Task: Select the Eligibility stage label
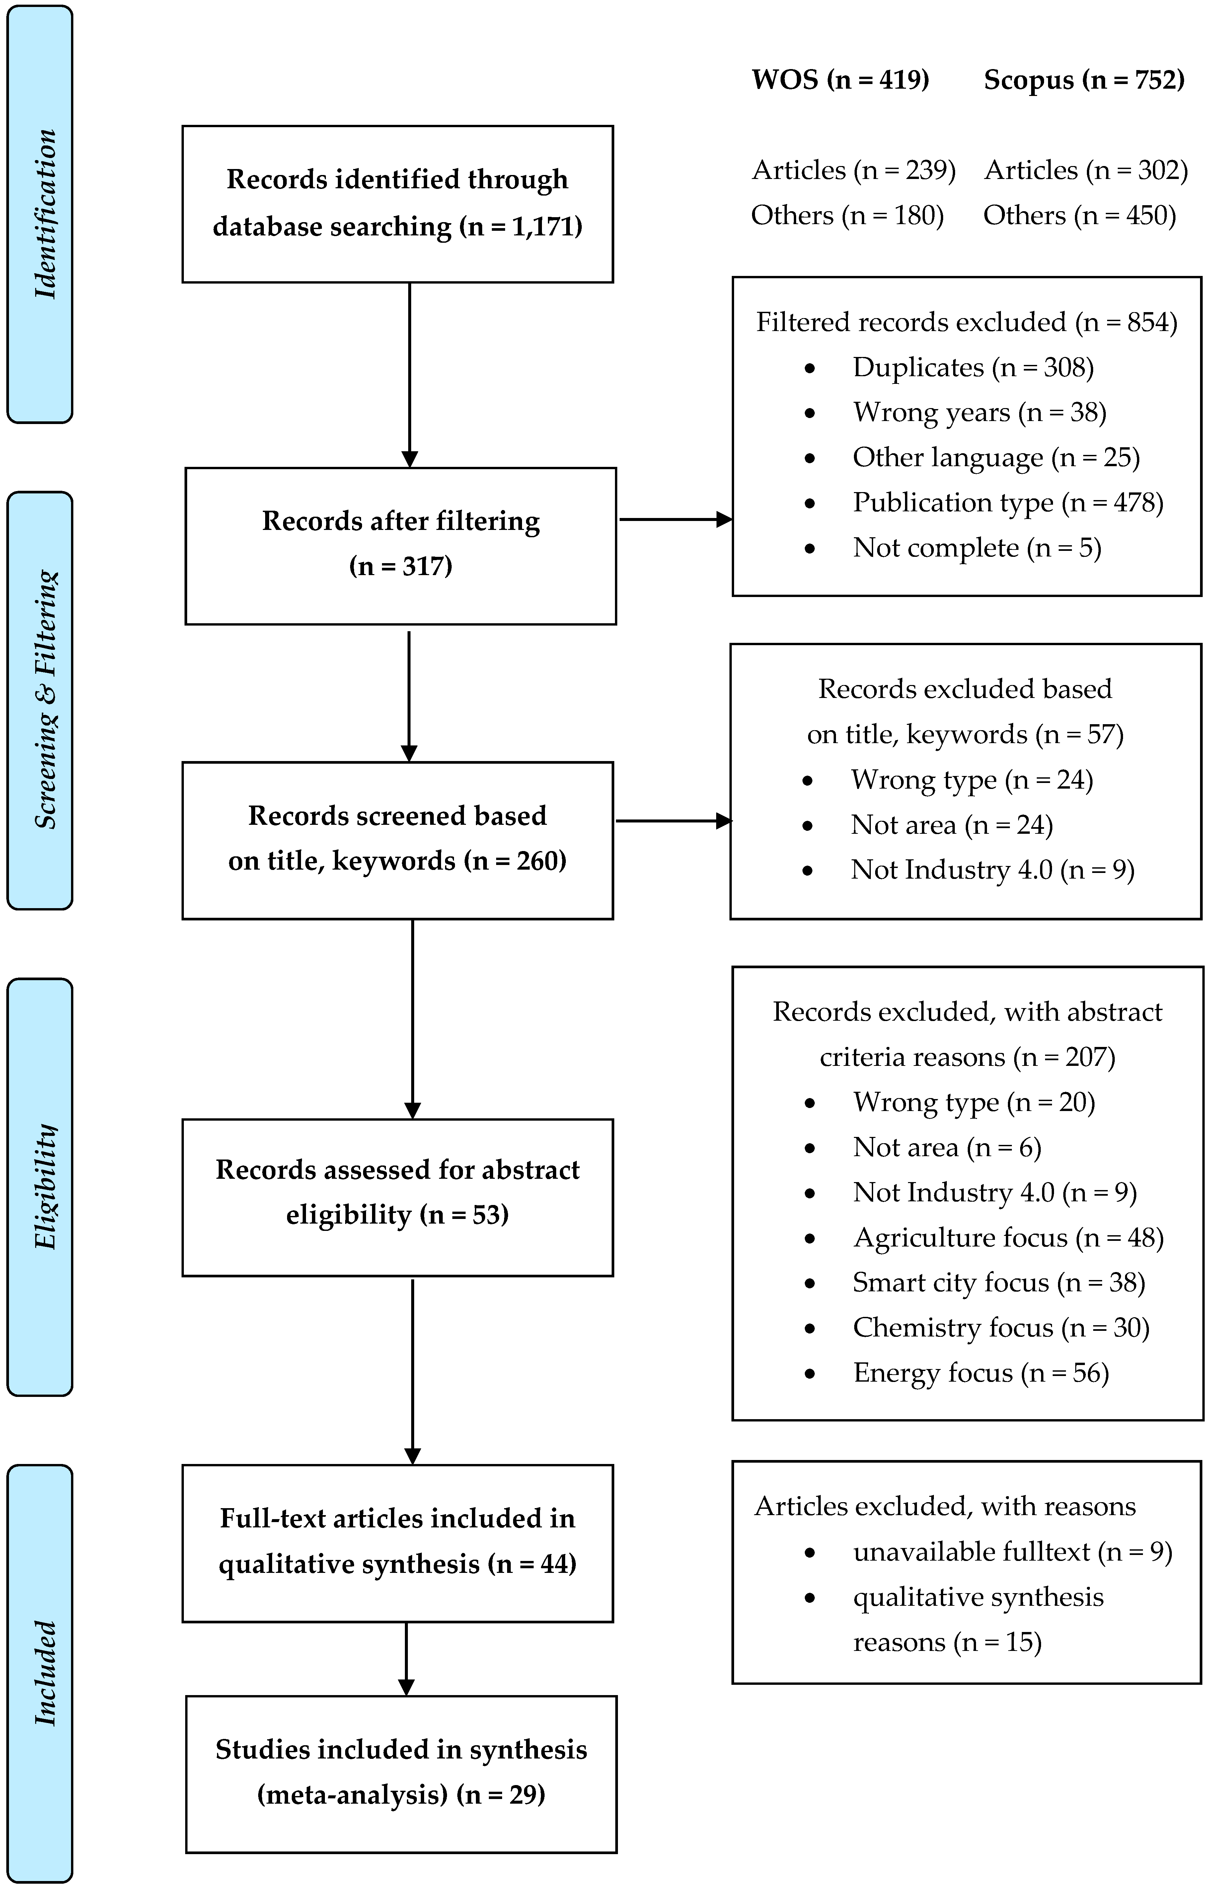pyautogui.click(x=45, y=1186)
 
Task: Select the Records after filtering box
pyautogui.click(x=401, y=546)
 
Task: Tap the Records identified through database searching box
pyautogui.click(x=398, y=204)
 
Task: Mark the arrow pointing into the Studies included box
pyautogui.click(x=406, y=1658)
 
